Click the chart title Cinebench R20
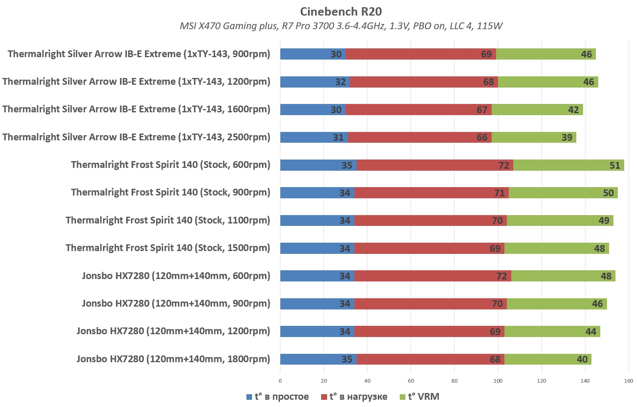click(x=341, y=12)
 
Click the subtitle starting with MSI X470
click(x=341, y=26)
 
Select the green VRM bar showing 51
click(x=568, y=165)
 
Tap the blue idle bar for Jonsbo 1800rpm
click(x=318, y=359)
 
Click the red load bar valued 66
click(x=419, y=137)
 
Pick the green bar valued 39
click(x=534, y=137)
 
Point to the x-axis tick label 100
click(x=498, y=381)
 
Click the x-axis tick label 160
click(x=629, y=381)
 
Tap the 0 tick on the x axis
click(x=280, y=381)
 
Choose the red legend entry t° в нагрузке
click(x=354, y=397)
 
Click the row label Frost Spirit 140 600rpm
click(x=171, y=165)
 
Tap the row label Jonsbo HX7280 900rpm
click(x=176, y=303)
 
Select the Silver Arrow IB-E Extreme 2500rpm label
click(x=136, y=137)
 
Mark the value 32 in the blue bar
click(x=340, y=82)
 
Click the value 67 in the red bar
click(x=482, y=110)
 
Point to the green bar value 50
click(x=608, y=193)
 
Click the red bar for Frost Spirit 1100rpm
click(x=430, y=220)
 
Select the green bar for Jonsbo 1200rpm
click(x=552, y=331)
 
